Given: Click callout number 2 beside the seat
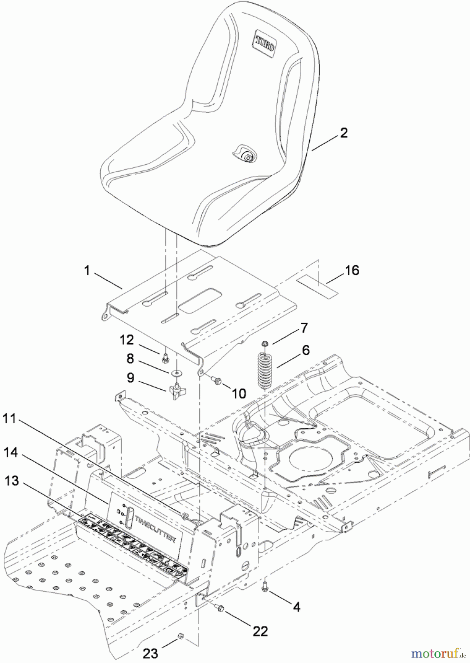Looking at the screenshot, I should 343,133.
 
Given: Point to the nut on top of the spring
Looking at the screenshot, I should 264,344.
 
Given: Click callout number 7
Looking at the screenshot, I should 304,327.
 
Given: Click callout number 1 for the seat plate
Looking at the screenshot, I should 87,271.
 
